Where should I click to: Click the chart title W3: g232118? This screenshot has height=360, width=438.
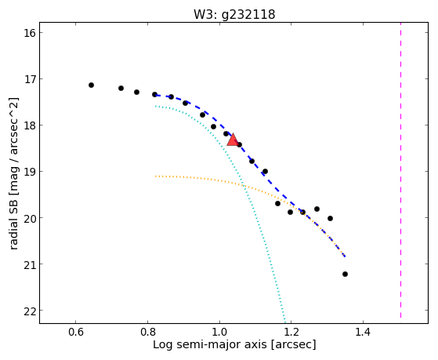click(x=234, y=14)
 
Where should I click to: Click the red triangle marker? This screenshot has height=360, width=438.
click(x=233, y=140)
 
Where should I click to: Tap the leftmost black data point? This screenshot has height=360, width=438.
click(x=91, y=85)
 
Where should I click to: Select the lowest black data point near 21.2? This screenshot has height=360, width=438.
click(x=345, y=275)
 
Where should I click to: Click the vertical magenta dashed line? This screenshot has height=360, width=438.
click(x=400, y=170)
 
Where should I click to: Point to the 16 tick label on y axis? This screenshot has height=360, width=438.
click(x=30, y=33)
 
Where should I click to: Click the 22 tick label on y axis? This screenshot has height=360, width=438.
click(x=30, y=311)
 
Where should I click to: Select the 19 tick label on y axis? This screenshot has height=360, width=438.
click(x=30, y=172)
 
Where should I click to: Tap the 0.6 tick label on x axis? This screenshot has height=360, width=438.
click(x=76, y=332)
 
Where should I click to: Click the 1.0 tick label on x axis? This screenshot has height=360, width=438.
click(x=219, y=332)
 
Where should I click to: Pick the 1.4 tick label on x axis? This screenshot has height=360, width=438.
click(x=363, y=332)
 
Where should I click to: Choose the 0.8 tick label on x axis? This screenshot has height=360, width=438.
click(x=147, y=332)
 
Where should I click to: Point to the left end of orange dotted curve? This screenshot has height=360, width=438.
click(x=156, y=176)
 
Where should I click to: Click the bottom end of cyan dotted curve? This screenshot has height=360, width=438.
click(x=284, y=318)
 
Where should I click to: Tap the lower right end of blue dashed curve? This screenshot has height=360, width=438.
click(x=345, y=256)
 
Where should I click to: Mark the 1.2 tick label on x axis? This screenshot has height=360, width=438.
click(x=291, y=332)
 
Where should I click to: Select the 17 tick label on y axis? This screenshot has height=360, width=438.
click(x=30, y=79)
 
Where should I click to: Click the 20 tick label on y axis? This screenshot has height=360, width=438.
click(x=30, y=218)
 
